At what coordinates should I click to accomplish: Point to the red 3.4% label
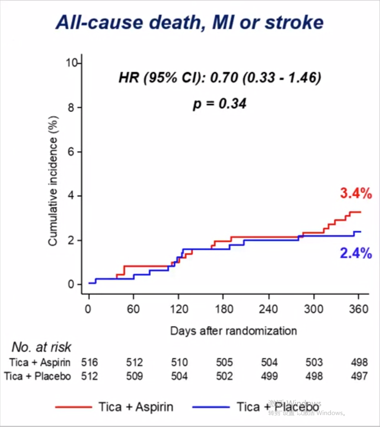(356, 194)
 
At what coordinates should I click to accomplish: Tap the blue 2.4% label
(356, 253)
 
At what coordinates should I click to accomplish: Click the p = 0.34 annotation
(220, 104)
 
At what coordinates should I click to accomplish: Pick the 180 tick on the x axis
(224, 309)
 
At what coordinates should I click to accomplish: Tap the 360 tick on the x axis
(359, 309)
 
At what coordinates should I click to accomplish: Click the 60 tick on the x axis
(134, 309)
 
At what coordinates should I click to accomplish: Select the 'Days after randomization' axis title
(233, 330)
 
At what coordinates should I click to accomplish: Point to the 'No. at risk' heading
(41, 347)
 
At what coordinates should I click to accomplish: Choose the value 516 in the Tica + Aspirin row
(90, 362)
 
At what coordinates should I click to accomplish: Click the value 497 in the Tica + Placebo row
(359, 376)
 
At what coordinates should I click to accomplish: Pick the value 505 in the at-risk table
(225, 362)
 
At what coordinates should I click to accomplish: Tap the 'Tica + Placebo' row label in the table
(38, 376)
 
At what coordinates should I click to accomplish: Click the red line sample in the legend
(73, 407)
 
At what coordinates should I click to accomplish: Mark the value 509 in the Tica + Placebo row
(134, 376)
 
